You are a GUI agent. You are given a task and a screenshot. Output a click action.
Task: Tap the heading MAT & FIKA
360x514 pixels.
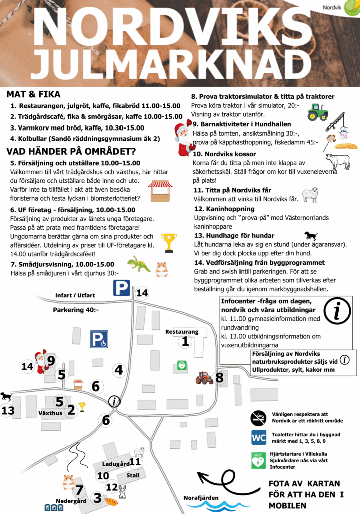33,94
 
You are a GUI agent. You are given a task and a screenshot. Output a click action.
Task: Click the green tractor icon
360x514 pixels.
317,112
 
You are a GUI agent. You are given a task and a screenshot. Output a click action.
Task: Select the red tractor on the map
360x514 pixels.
204,378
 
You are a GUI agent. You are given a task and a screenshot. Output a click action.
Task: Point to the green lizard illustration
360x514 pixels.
138,264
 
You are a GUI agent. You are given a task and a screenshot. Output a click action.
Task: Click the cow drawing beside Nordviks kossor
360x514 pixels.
337,161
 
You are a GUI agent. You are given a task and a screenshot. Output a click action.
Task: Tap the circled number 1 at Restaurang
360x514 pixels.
185,342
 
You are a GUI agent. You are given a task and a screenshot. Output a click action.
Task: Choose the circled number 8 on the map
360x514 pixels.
219,378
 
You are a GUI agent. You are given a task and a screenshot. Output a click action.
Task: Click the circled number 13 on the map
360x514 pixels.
8,411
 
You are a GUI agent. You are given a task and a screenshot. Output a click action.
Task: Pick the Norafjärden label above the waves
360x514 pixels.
201,497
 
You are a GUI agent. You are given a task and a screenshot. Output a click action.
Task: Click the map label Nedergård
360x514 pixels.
71,501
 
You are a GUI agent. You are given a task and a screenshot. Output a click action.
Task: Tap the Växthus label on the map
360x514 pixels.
50,413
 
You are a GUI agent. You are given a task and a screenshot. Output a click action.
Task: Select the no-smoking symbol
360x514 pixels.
259,417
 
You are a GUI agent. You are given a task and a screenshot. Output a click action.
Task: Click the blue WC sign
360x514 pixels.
259,437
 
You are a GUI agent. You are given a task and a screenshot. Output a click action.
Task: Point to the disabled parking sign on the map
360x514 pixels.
99,339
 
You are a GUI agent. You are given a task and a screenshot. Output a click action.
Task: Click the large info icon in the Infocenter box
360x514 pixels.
337,312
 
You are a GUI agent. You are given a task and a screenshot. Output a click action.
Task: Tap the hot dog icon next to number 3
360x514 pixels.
111,500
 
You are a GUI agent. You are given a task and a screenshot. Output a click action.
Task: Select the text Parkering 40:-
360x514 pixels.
76,310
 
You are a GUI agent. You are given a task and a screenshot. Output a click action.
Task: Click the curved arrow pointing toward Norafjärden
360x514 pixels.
221,482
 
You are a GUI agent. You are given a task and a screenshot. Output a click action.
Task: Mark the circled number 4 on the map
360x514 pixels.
118,370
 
